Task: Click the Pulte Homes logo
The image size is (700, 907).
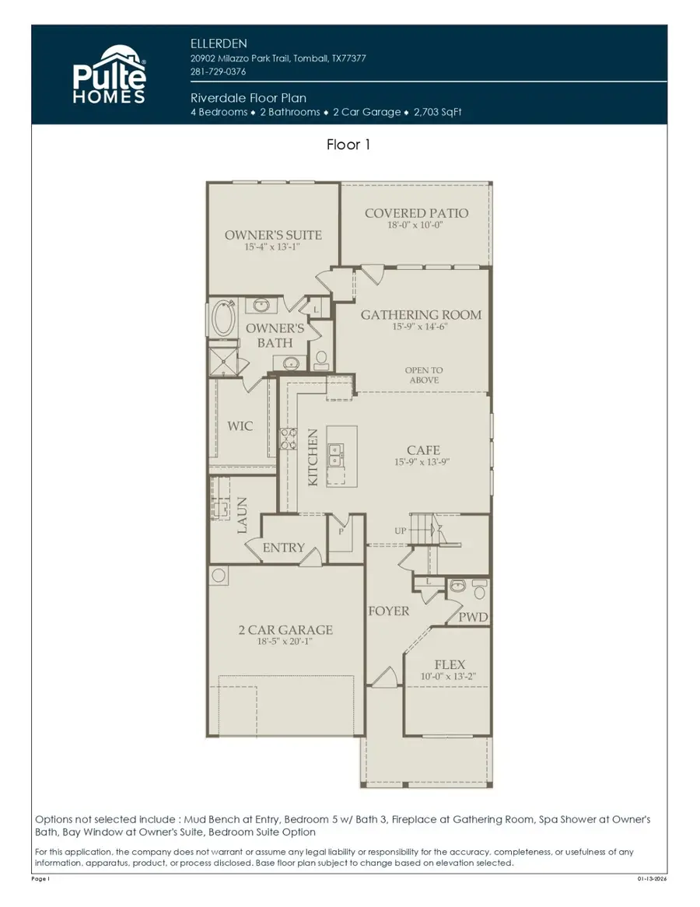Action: coord(110,75)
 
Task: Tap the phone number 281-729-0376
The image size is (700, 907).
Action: coord(218,72)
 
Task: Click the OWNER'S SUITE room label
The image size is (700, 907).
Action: coord(273,235)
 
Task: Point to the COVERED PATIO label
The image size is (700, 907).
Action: coord(417,213)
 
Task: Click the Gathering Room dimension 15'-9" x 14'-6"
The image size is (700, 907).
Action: coord(421,327)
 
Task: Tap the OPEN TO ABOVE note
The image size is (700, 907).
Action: coord(424,375)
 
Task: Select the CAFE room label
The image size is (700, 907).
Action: coord(423,450)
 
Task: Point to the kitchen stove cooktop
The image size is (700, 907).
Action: coord(289,439)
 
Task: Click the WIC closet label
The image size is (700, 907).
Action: coord(240,426)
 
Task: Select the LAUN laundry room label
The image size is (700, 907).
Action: coord(242,515)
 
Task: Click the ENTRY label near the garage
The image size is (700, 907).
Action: coord(284,548)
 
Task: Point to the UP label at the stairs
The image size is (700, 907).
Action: coord(401,531)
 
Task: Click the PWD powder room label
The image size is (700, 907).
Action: coord(473,617)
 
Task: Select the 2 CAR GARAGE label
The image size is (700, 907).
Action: coord(285,630)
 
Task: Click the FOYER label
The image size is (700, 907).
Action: coord(388,611)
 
